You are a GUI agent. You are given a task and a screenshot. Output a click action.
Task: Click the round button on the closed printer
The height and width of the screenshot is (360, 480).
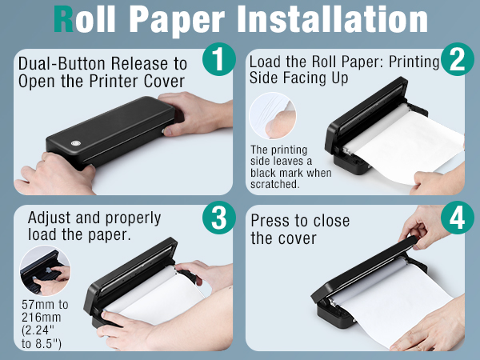[77, 144]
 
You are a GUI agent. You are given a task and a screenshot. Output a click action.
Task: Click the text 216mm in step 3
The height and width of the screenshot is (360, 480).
[42, 316]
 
